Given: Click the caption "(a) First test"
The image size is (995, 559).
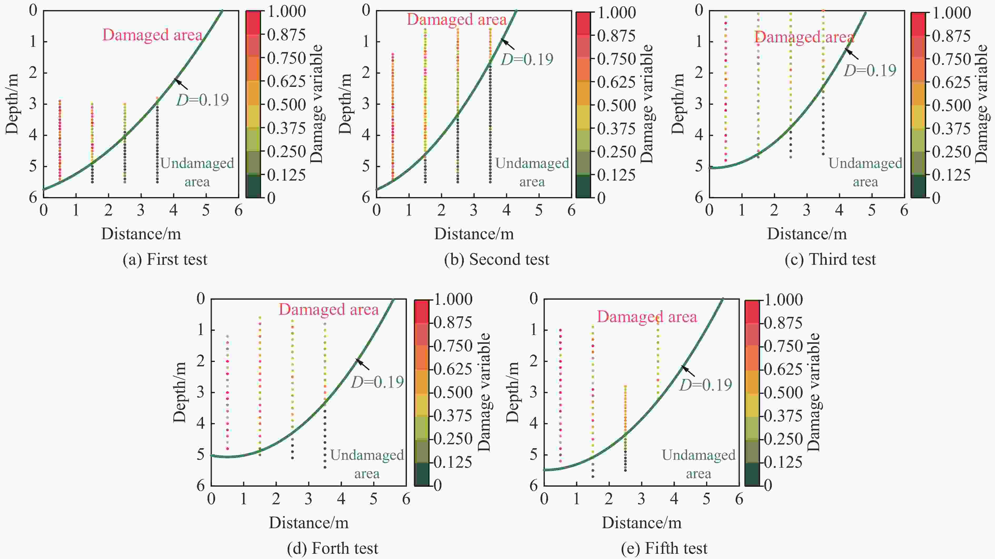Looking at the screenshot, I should pyautogui.click(x=165, y=259).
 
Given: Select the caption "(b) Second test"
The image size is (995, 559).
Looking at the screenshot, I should pyautogui.click(x=496, y=259).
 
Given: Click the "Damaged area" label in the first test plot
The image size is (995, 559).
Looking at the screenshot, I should pyautogui.click(x=152, y=35).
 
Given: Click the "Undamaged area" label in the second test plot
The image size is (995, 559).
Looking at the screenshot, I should pyautogui.click(x=532, y=172).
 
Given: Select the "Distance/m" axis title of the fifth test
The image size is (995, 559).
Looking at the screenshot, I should pyautogui.click(x=641, y=523).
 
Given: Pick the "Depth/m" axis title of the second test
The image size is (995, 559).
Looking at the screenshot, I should pyautogui.click(x=345, y=104).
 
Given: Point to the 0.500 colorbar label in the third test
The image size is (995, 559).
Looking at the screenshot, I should pyautogui.click(x=951, y=106).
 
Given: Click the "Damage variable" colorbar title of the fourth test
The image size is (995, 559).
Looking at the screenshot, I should pyautogui.click(x=484, y=392).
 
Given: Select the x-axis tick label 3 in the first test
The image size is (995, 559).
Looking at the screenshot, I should pyautogui.click(x=141, y=211).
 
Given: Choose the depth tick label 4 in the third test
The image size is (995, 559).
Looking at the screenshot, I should pyautogui.click(x=699, y=135).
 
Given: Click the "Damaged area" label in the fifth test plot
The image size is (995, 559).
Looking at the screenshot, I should pyautogui.click(x=647, y=317).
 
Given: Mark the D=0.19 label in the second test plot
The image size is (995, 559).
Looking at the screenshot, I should pyautogui.click(x=527, y=59).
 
